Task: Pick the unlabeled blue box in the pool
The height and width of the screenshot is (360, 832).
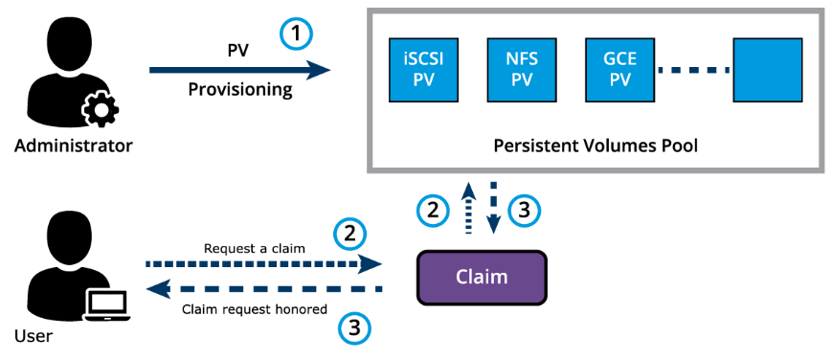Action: click(767, 70)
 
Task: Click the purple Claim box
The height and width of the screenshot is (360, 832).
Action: click(482, 277)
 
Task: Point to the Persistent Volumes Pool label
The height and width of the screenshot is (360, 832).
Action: click(596, 145)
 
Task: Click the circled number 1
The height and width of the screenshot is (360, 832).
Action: click(297, 34)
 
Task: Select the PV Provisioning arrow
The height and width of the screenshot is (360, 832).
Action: click(240, 70)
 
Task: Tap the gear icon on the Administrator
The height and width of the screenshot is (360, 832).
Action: click(100, 110)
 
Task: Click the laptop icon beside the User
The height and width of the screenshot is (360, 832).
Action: click(106, 306)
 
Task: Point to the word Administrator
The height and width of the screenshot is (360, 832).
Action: click(73, 145)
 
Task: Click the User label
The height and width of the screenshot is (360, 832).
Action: click(34, 335)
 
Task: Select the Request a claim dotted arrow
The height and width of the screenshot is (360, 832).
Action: click(263, 263)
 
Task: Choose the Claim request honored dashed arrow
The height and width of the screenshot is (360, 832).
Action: click(263, 289)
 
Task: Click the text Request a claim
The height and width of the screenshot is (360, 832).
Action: click(255, 248)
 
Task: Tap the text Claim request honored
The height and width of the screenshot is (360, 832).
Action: click(254, 309)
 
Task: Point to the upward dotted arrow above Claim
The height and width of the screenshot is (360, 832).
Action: click(468, 208)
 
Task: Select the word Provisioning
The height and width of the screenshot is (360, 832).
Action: click(240, 89)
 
